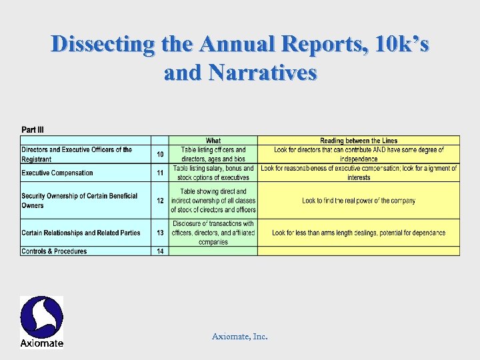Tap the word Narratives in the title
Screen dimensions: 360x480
click(263, 71)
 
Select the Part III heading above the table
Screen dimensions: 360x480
click(33, 129)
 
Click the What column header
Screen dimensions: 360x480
click(213, 141)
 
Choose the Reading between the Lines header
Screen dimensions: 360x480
click(359, 141)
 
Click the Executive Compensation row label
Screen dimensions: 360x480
click(57, 173)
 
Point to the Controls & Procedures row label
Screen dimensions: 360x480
click(54, 251)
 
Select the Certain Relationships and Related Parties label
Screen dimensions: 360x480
click(81, 233)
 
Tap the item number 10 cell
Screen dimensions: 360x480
click(160, 155)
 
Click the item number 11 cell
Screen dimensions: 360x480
click(160, 173)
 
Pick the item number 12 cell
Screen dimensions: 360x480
click(160, 201)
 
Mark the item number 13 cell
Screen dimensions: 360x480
click(160, 233)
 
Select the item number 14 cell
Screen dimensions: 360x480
click(160, 251)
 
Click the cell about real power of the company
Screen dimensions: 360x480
click(359, 201)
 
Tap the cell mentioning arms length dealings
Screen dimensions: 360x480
click(359, 233)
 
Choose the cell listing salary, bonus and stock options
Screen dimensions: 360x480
click(213, 173)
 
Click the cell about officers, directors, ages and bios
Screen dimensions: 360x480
click(213, 155)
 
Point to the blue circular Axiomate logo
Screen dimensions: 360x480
click(41, 317)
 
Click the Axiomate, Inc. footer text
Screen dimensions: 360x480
click(240, 337)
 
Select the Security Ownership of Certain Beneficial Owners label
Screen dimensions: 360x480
click(79, 201)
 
